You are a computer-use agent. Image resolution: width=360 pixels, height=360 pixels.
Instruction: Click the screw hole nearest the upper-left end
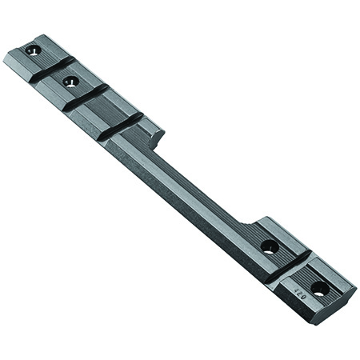click(x=33, y=50)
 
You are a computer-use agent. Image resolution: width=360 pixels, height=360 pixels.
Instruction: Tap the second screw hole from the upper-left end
click(x=70, y=81)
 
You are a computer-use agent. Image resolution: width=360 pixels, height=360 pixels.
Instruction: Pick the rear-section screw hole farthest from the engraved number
click(x=269, y=246)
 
